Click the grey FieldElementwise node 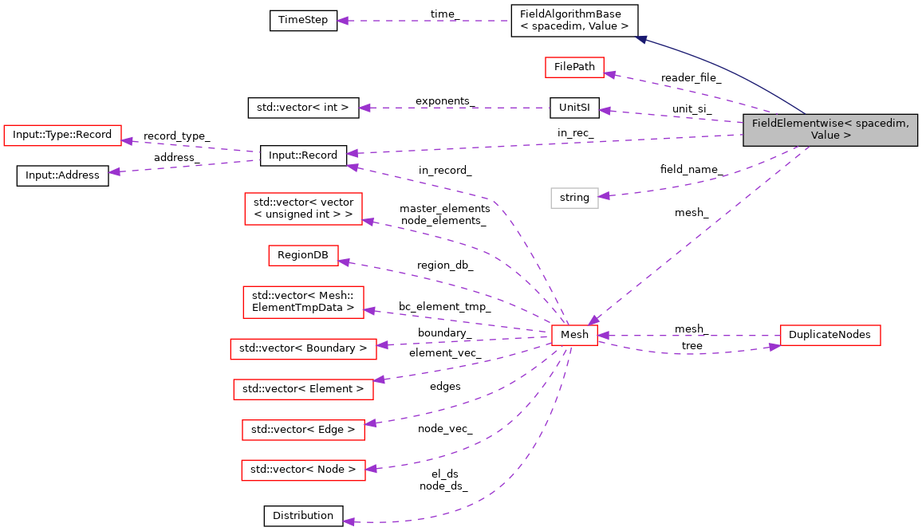[x=829, y=130]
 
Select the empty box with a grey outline [x=574, y=198]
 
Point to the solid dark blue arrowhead [x=641, y=38]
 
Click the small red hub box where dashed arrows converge [x=574, y=336]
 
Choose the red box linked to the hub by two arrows [x=830, y=336]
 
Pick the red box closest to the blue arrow [x=574, y=68]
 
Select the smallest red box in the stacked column [x=303, y=256]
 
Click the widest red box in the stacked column [x=303, y=349]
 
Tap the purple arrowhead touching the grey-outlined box [x=605, y=195]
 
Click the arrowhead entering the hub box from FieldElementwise [x=593, y=320]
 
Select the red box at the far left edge [x=62, y=136]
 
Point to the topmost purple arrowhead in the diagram [x=342, y=21]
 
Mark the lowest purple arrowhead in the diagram [x=349, y=521]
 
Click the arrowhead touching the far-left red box [x=126, y=140]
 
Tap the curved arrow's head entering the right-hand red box [x=774, y=347]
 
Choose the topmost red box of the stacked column [x=303, y=209]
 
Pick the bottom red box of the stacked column [x=303, y=470]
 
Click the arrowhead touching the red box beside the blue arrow [x=610, y=74]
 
